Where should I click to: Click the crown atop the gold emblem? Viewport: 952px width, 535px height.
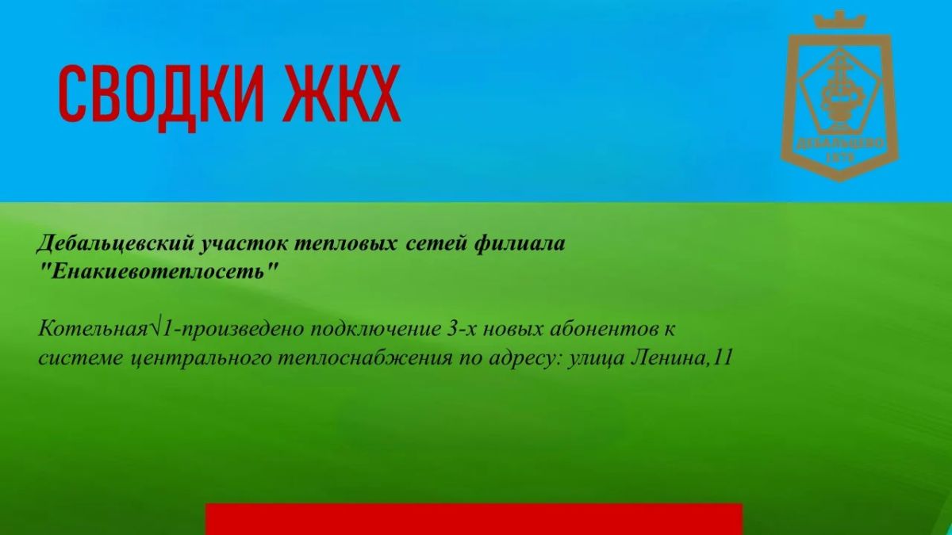point(839,21)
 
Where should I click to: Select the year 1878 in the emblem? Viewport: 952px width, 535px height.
point(840,158)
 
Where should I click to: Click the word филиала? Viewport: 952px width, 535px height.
point(520,244)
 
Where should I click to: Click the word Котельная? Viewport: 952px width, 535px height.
point(92,330)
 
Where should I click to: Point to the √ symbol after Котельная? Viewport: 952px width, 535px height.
point(155,329)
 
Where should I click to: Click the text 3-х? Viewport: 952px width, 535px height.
point(462,330)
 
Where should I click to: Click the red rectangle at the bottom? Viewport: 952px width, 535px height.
point(474,519)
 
